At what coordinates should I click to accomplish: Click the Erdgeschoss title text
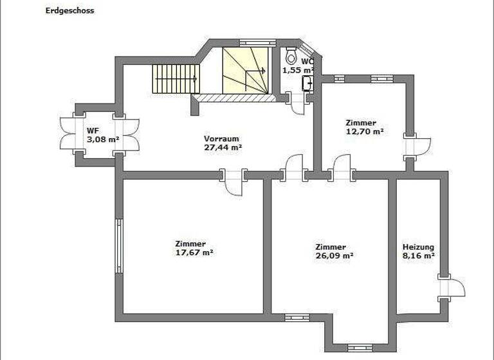coord(69,10)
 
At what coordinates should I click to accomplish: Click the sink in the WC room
coord(309,82)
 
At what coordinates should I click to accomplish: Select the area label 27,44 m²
coord(223,147)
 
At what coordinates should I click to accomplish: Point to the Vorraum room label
coord(222,139)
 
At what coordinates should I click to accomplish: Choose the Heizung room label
coord(418,247)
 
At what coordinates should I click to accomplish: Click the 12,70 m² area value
coord(364,131)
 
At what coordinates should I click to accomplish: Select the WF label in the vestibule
coord(92,130)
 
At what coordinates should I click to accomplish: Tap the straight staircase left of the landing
coord(175,78)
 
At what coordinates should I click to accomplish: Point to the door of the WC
coord(297,103)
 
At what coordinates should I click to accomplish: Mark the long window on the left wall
coord(119,246)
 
